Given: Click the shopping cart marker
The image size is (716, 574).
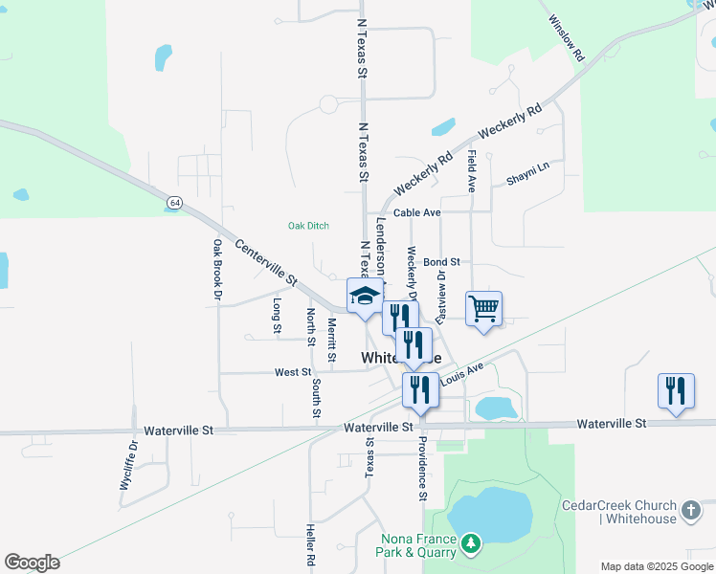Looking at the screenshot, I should coord(484,309).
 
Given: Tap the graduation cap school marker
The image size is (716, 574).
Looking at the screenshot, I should coord(365,296).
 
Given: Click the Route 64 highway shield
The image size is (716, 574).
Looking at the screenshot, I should coord(173,203).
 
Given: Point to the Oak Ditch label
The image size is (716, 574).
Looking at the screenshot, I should coord(308,226).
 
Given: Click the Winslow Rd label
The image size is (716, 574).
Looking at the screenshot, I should coord(567,38).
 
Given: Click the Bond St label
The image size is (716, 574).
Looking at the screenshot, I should coord(441,261).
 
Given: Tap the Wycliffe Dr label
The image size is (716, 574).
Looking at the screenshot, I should coord(129,465).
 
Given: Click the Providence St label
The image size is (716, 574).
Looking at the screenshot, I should coord(421,469).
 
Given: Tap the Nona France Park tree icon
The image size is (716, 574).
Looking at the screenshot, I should coord(470,544).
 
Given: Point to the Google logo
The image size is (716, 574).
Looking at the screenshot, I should coord(32,563).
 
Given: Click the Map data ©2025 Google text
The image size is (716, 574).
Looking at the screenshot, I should coord(656,566).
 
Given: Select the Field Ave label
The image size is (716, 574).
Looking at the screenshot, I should coord(472,171).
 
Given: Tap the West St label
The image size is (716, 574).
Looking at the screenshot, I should coord(293,372).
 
